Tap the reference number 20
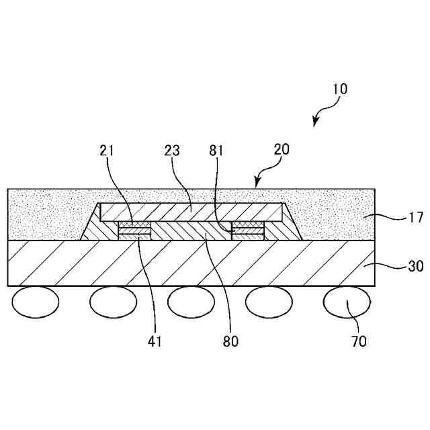click(x=282, y=150)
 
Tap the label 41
click(x=155, y=341)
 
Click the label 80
click(x=230, y=341)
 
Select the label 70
click(x=359, y=341)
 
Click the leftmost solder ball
click(x=36, y=302)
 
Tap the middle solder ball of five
click(x=191, y=302)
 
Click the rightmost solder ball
click(x=347, y=302)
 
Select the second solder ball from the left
click(x=114, y=302)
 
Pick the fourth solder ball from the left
click(x=269, y=302)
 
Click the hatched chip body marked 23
click(x=191, y=212)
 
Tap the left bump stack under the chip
click(x=134, y=230)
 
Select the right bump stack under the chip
click(x=248, y=230)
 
